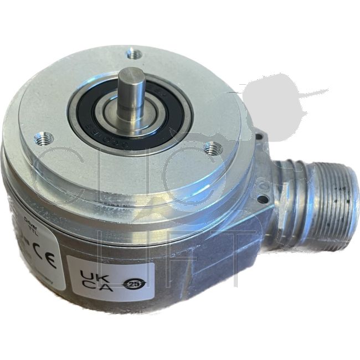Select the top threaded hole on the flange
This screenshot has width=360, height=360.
point(132,54)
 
